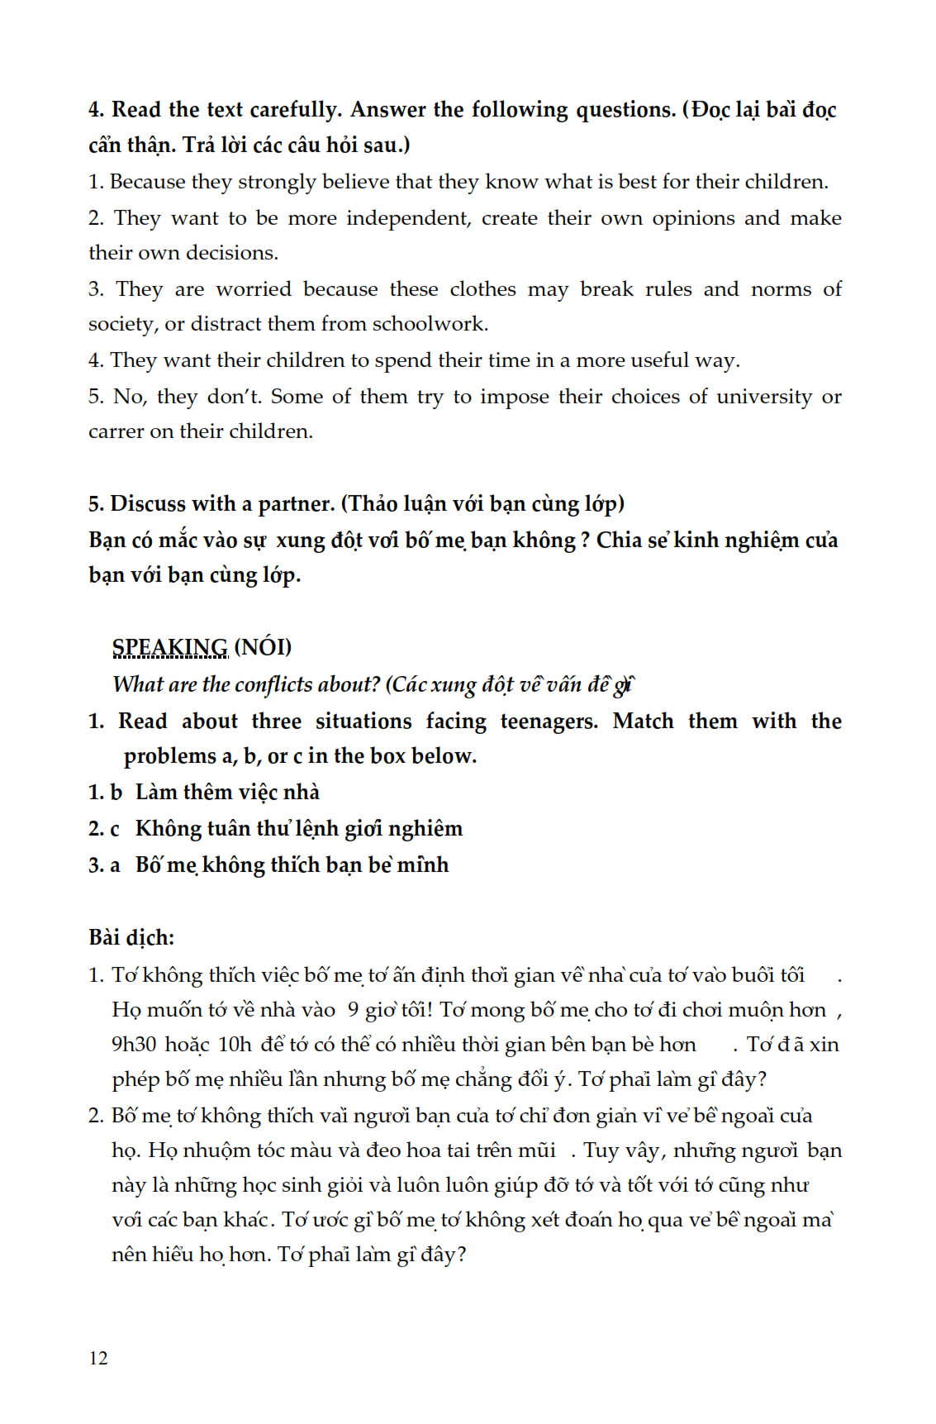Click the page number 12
98,1358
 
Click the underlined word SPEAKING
169,647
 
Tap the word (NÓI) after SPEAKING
263,647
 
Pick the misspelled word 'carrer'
116,431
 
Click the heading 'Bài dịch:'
131,937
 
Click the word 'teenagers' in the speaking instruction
548,722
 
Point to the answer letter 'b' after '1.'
116,793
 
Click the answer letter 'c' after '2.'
115,829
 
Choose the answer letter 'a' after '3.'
115,865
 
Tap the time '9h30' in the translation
134,1045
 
